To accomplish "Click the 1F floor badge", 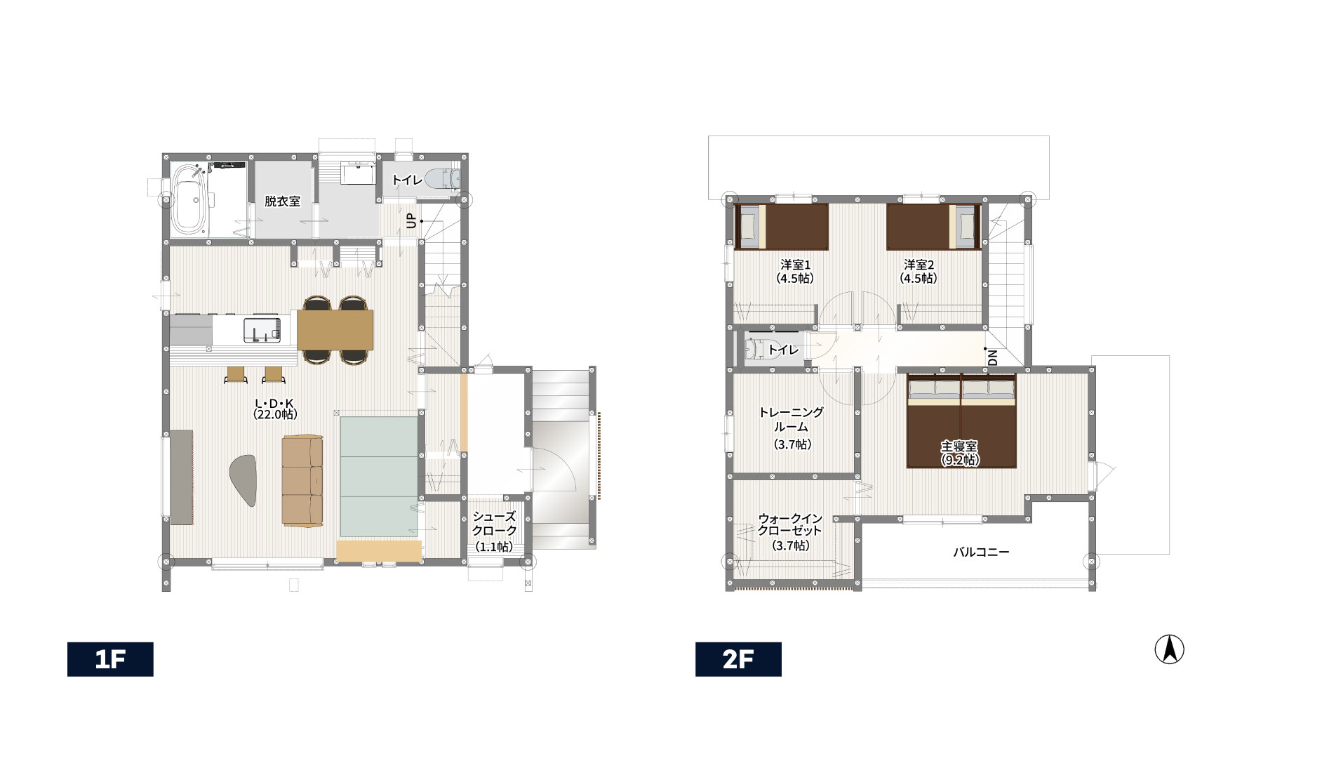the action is coord(110,659).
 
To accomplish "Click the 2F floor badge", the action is coord(738,659).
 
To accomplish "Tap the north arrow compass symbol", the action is coord(1170,649).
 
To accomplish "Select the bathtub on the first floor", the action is coord(189,200).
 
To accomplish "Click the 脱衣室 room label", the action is coord(282,201).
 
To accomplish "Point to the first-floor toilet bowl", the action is coord(443,178).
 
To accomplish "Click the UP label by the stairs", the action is coord(412,220).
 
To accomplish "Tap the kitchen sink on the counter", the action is coord(262,330).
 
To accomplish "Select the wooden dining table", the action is coord(335,329).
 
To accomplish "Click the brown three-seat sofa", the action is coord(302,480).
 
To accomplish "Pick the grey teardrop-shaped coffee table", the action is coord(244,479).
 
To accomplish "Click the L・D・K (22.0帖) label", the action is coord(275,409).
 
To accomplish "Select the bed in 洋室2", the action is coord(933,226).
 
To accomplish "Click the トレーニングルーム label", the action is coord(792,419).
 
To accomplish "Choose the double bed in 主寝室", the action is coord(961,421).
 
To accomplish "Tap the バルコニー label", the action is coord(981,552).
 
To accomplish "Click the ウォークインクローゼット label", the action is coord(790,524).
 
